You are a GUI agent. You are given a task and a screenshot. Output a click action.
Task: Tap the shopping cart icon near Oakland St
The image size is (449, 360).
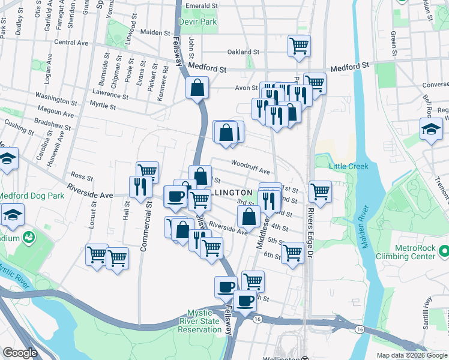click(298, 46)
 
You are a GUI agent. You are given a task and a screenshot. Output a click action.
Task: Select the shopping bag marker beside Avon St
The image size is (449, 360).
click(197, 89)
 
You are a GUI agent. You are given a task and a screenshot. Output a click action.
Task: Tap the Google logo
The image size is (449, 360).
click(20, 353)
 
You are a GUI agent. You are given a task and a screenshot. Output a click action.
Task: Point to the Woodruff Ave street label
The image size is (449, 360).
click(250, 167)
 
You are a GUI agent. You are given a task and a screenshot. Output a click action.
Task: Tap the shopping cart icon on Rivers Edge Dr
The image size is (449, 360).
click(320, 192)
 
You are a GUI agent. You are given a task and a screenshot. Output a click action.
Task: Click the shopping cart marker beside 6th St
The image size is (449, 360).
click(292, 253)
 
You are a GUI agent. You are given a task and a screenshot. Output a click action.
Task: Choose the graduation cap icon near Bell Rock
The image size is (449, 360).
click(430, 129)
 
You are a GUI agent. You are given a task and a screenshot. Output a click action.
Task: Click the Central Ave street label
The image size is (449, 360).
click(71, 43)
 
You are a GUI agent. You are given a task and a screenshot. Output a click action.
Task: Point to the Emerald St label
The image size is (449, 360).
click(201, 5)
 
